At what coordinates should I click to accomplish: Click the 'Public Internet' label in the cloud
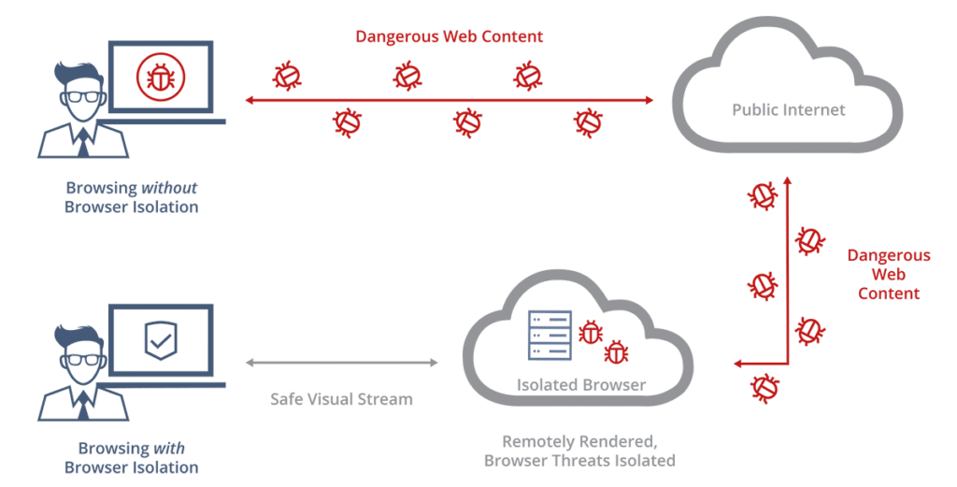pos(788,110)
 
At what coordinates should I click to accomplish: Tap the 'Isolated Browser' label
pos(580,385)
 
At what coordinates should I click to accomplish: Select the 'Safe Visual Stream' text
pos(341,399)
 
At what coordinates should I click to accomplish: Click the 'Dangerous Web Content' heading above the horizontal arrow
pos(449,37)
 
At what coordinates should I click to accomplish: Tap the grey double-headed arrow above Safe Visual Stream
pos(341,363)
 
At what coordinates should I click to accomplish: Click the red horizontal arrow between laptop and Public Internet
pos(449,98)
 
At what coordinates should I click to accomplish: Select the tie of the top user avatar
pos(83,141)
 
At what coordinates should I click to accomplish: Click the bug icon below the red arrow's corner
pos(765,386)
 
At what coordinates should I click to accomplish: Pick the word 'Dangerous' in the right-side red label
pos(888,255)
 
